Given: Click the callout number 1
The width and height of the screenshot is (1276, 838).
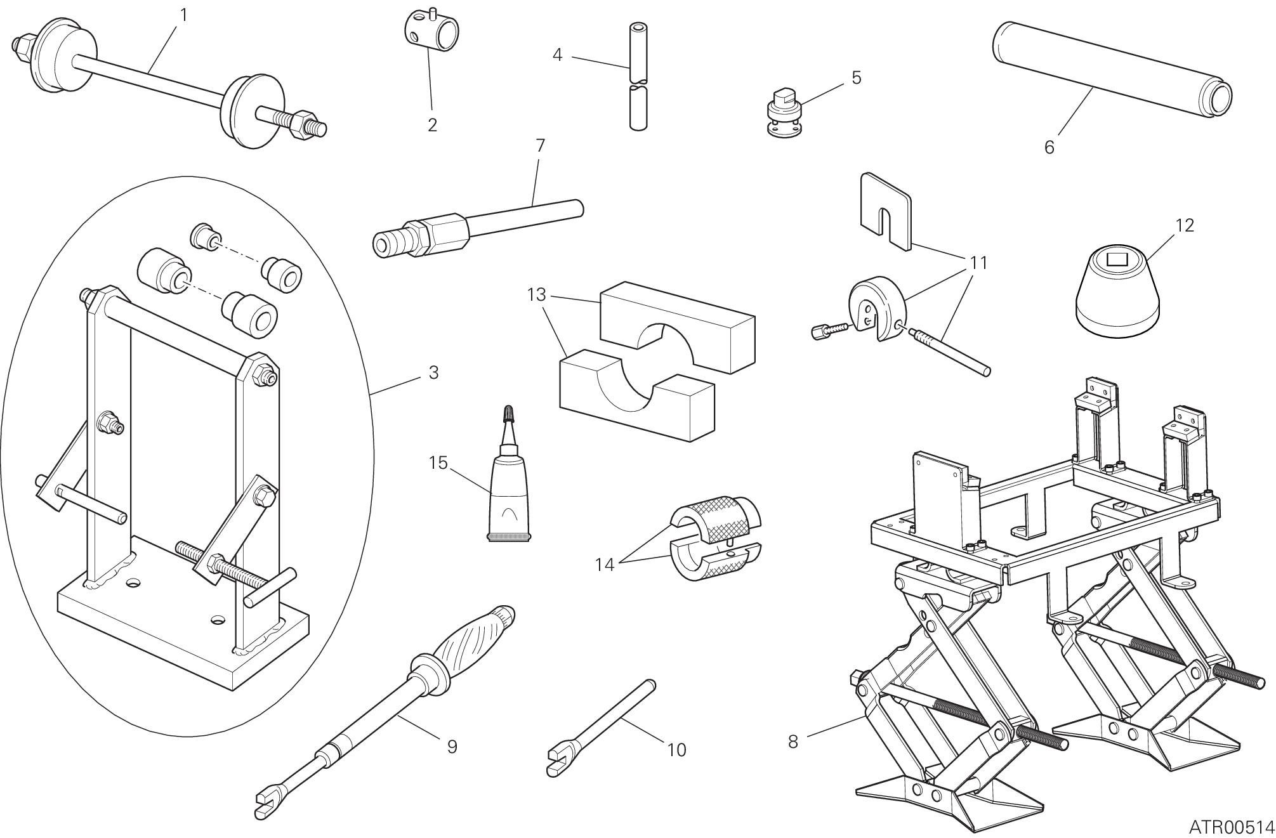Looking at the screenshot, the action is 184,15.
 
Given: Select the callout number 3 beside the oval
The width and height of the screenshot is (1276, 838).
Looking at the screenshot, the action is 433,372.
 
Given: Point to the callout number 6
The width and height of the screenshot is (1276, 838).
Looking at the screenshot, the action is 1049,147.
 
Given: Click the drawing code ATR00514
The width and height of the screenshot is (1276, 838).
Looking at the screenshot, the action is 1232,827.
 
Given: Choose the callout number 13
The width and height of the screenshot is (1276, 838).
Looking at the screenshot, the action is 536,294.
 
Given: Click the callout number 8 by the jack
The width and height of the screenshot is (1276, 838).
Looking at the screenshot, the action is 793,741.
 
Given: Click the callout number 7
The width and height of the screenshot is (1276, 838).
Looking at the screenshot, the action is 540,146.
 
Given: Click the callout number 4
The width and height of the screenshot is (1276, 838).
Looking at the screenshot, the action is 557,55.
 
